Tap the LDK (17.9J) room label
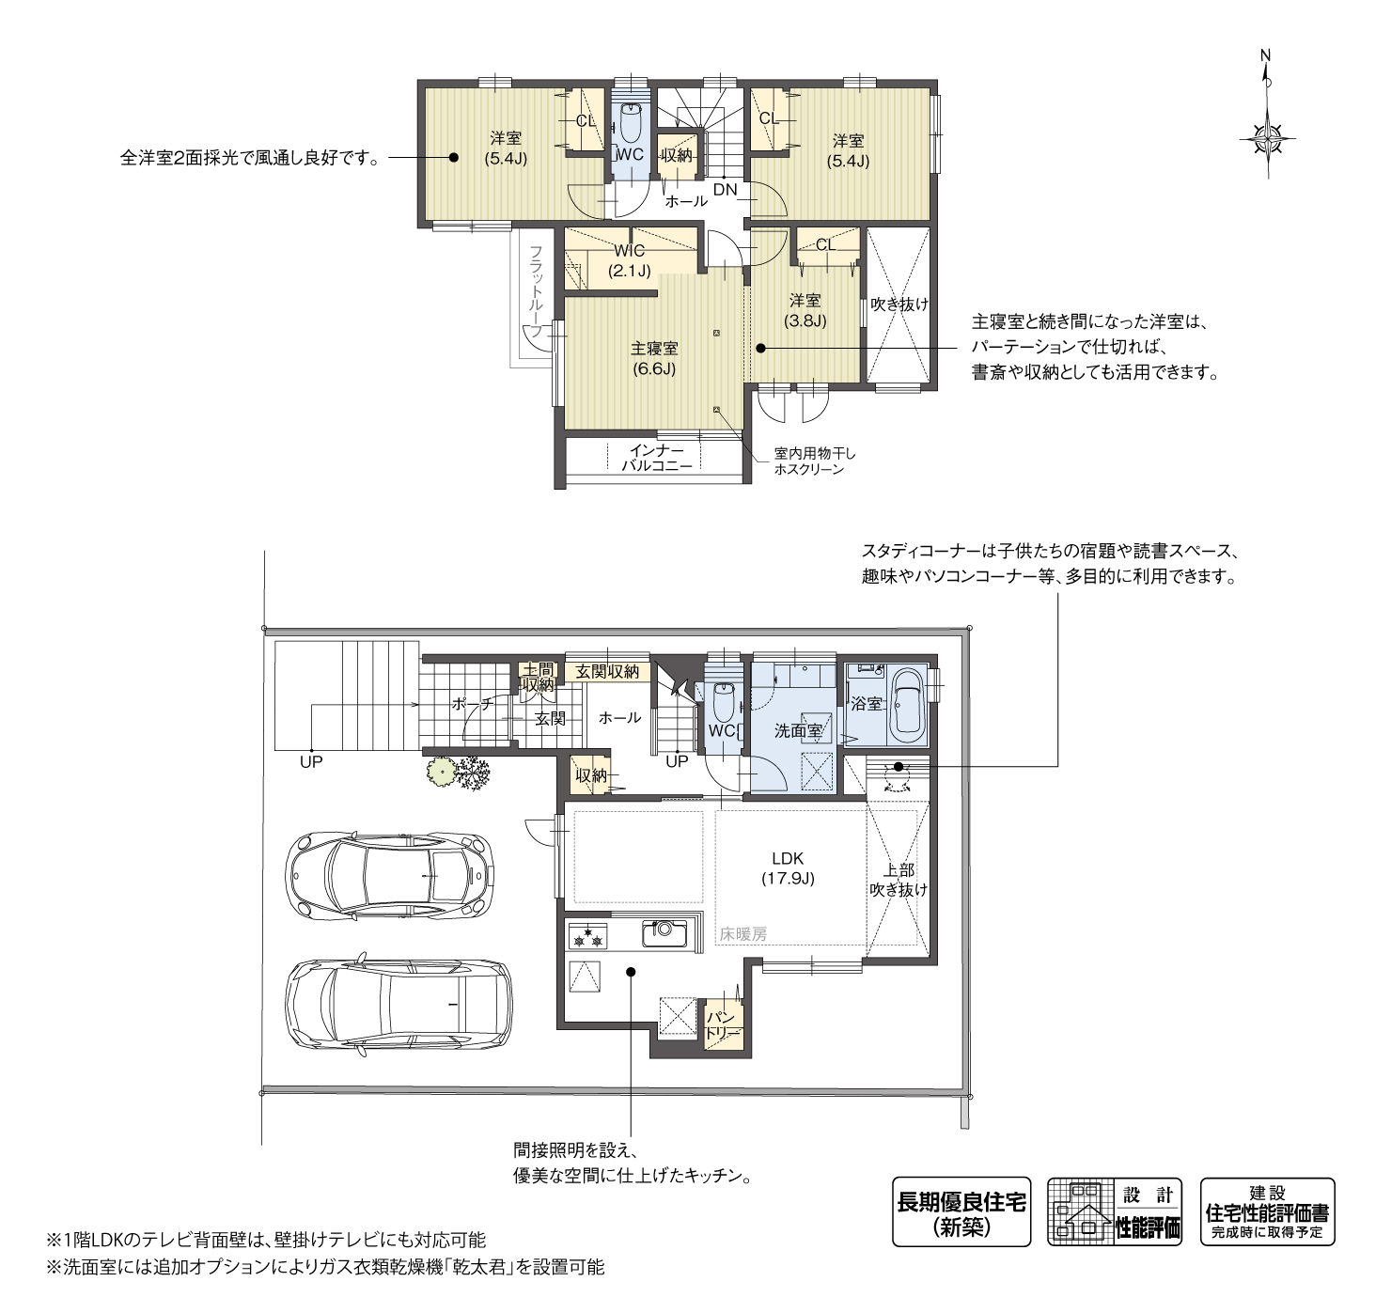(788, 868)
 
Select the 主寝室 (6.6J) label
(653, 359)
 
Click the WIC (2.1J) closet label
(630, 260)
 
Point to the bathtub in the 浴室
(909, 708)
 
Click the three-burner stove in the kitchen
(586, 936)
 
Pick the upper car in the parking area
(391, 875)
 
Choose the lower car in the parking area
(398, 1006)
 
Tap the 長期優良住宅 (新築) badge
(961, 1214)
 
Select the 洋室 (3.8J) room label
(805, 311)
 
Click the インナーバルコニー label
(656, 459)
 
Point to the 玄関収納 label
(607, 671)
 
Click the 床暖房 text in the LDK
(743, 934)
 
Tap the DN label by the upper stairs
(726, 189)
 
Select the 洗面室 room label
(798, 731)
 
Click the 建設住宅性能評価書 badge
(1267, 1211)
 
